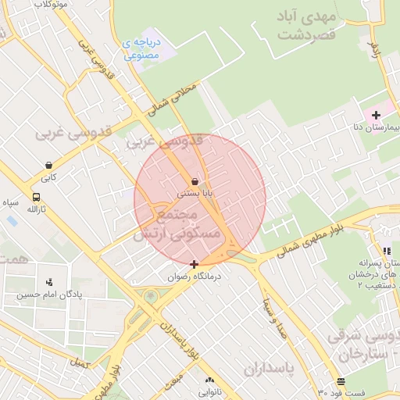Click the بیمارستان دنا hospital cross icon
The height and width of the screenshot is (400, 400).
pyautogui.click(x=376, y=115)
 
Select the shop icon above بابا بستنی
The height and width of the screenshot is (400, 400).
pyautogui.click(x=195, y=180)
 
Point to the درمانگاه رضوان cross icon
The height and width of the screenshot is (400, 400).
pyautogui.click(x=195, y=265)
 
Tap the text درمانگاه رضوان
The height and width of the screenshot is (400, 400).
pyautogui.click(x=195, y=277)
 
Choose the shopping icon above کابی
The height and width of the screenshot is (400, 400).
pyautogui.click(x=50, y=166)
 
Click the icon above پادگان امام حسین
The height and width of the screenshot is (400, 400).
pyautogui.click(x=50, y=282)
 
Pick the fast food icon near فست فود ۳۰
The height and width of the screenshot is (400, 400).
pyautogui.click(x=341, y=381)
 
